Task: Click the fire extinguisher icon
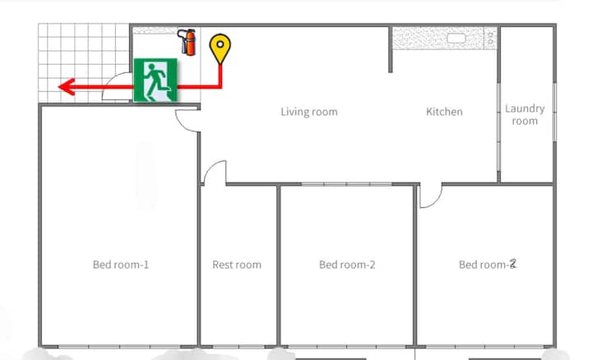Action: pos(187,42)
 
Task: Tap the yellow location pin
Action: pos(220,49)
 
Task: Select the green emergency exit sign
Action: pos(155,80)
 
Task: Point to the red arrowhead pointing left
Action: pos(67,87)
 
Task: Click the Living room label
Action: pos(309,112)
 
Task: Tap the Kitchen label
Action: pos(444,112)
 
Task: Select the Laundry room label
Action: pos(525,115)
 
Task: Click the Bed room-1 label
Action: pos(121,265)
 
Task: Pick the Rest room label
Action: pos(237,265)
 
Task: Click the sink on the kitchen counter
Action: pos(456,38)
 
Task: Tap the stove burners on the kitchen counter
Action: pos(490,38)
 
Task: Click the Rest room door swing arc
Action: pos(215,172)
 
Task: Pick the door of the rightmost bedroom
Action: pos(431,196)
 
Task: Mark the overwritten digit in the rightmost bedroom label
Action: pos(512,264)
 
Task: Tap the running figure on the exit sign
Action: pos(156,79)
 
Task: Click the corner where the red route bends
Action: pos(220,87)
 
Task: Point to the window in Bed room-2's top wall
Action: pos(347,184)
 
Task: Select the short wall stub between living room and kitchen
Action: pos(391,49)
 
